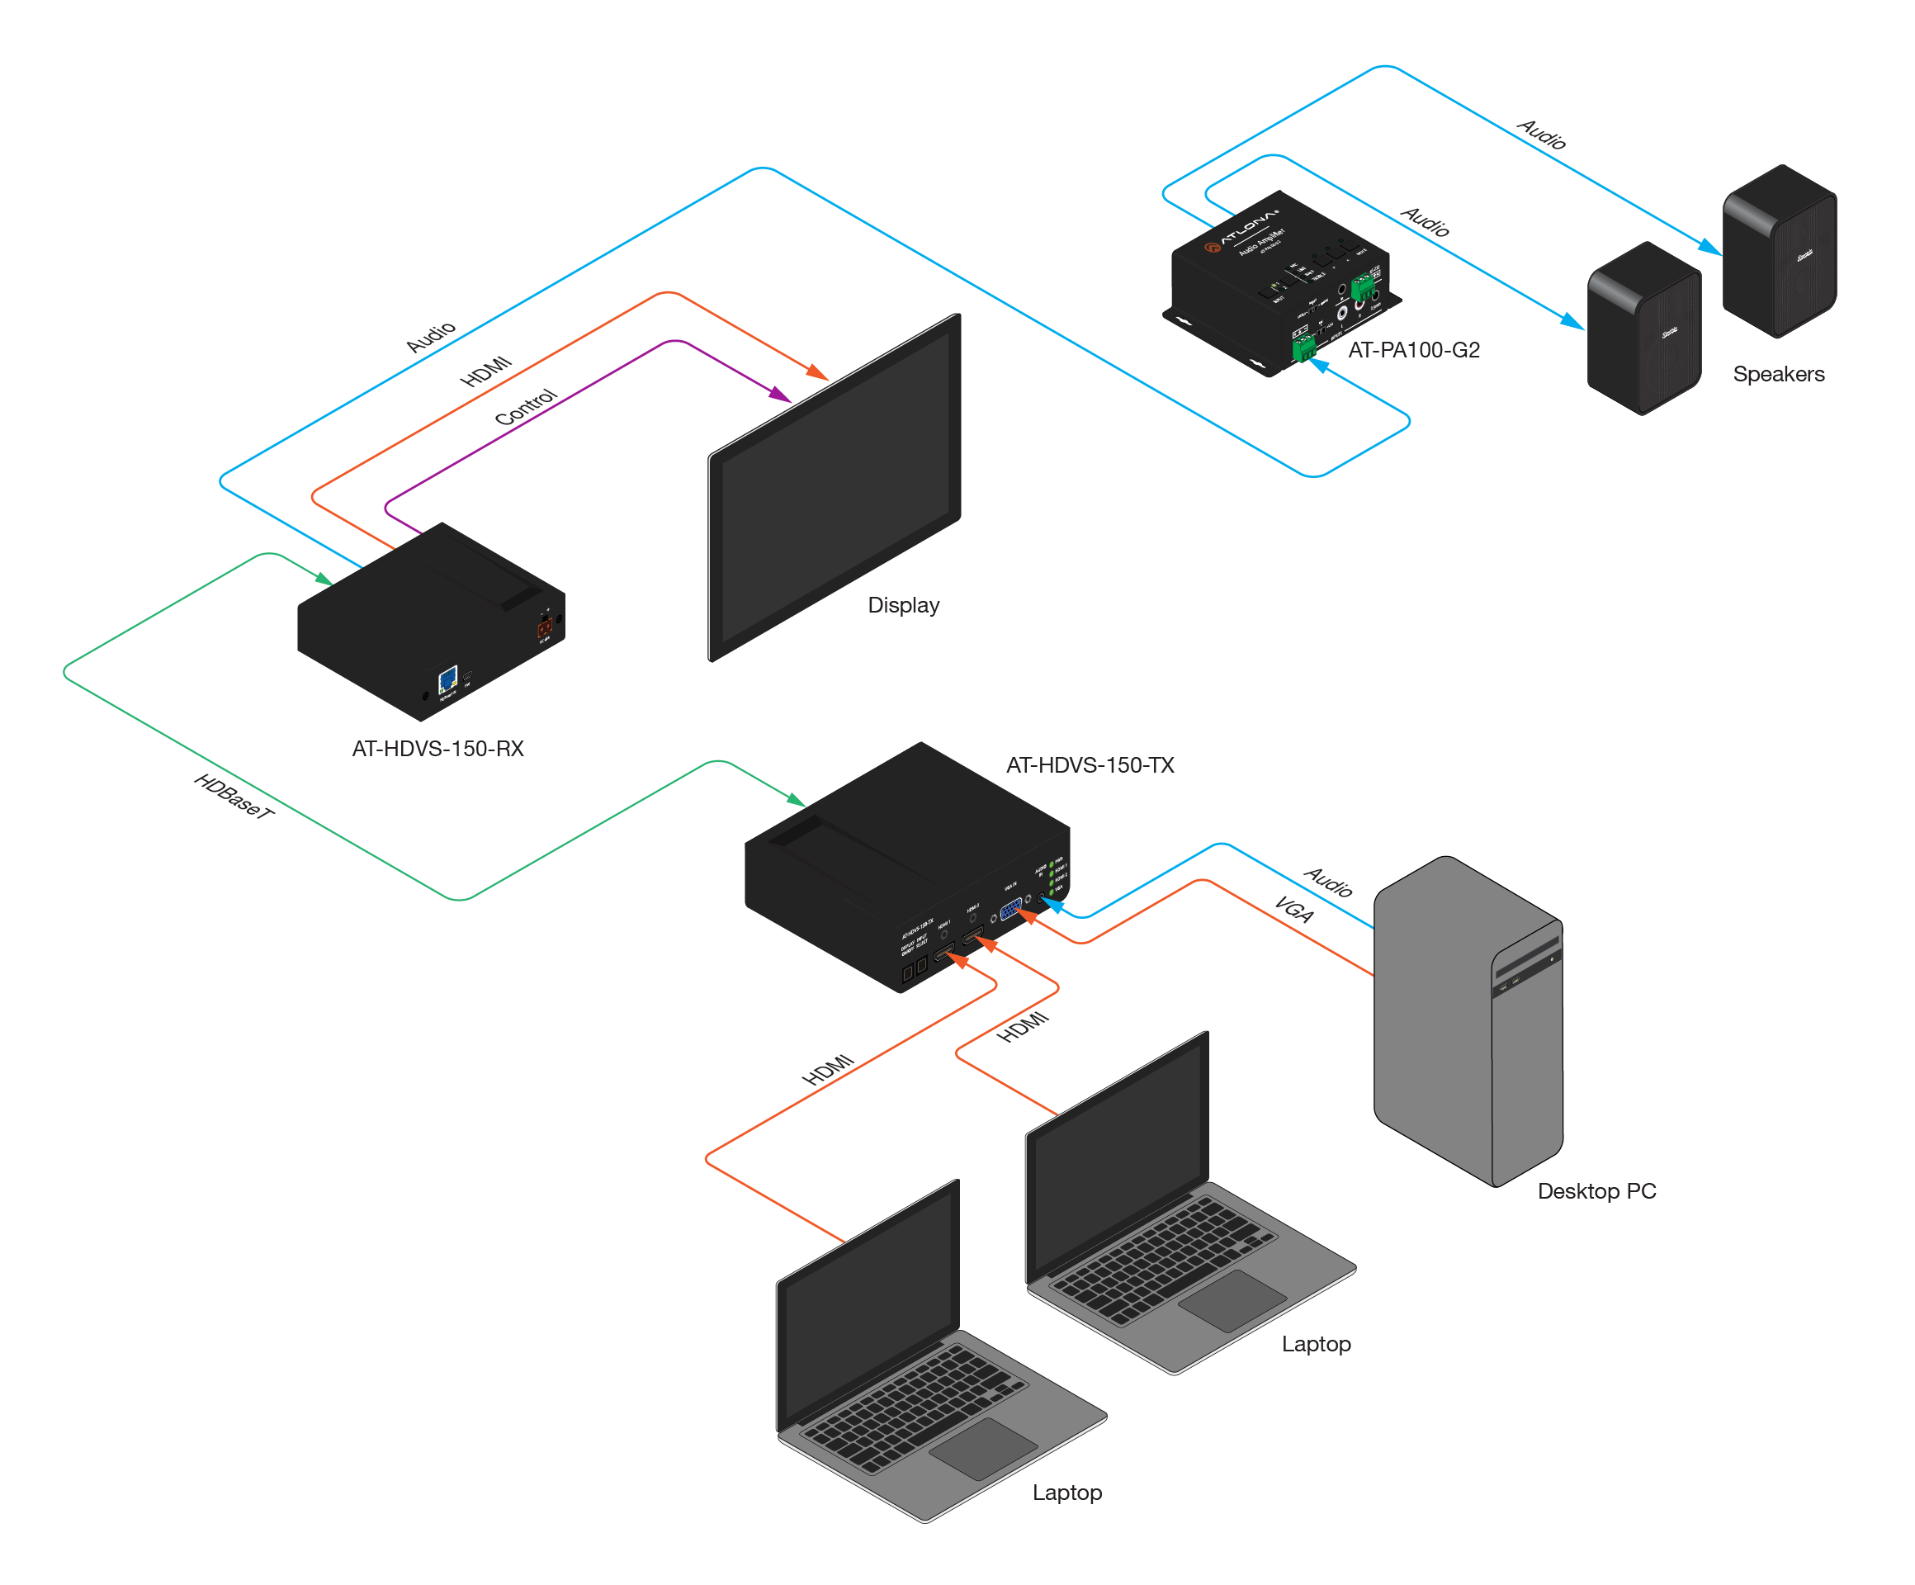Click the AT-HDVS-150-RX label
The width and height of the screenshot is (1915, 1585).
pos(437,749)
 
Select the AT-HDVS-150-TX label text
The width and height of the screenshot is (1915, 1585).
pos(1090,765)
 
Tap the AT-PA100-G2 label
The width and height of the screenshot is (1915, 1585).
pos(1413,350)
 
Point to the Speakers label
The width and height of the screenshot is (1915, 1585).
pos(1778,374)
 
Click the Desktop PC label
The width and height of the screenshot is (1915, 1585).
pos(1596,1191)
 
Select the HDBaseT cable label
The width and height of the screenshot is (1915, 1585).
pos(234,796)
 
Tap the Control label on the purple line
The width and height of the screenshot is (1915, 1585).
pos(525,407)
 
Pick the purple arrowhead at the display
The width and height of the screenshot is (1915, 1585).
pos(781,395)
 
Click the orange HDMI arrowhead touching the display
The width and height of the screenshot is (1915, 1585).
pos(818,372)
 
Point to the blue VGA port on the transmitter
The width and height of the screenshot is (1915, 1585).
pos(1010,908)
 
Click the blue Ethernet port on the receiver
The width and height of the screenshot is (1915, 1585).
pos(447,679)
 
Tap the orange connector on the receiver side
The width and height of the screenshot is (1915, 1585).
pos(545,627)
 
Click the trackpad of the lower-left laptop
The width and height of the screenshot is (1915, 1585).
pos(983,1448)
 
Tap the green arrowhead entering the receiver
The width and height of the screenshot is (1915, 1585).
pos(324,579)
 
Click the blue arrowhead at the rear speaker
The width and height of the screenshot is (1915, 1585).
pos(1709,247)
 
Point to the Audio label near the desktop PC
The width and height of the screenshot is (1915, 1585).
pos(1329,881)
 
